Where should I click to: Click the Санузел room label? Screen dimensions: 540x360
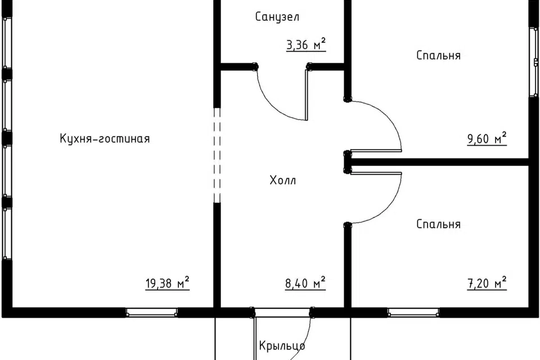[x=277, y=16]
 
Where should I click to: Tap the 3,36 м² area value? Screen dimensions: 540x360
[x=306, y=45]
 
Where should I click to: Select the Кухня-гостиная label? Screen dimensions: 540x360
[x=105, y=138]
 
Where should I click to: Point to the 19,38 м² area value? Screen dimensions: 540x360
[x=168, y=283]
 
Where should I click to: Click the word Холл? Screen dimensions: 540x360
[x=283, y=180]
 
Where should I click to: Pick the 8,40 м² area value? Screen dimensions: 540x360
[x=305, y=283]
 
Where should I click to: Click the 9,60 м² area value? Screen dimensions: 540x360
[x=487, y=138]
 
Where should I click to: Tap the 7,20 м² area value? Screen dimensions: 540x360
[x=487, y=283]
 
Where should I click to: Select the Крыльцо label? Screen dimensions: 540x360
[x=282, y=345]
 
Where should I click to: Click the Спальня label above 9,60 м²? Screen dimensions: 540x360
[x=438, y=55]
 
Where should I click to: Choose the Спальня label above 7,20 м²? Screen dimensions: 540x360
[x=438, y=224]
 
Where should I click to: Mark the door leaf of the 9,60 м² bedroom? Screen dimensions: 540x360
[x=375, y=151]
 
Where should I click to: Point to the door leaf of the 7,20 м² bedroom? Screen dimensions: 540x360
[x=375, y=173]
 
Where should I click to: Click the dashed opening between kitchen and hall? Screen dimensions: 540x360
[x=217, y=155]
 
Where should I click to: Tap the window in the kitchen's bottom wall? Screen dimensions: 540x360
[x=151, y=313]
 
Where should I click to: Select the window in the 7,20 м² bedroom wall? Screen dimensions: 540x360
[x=413, y=313]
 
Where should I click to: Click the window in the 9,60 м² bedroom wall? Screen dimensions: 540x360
[x=535, y=62]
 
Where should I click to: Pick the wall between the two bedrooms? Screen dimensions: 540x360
[x=440, y=162]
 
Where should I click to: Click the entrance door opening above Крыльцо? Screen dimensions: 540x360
[x=282, y=313]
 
